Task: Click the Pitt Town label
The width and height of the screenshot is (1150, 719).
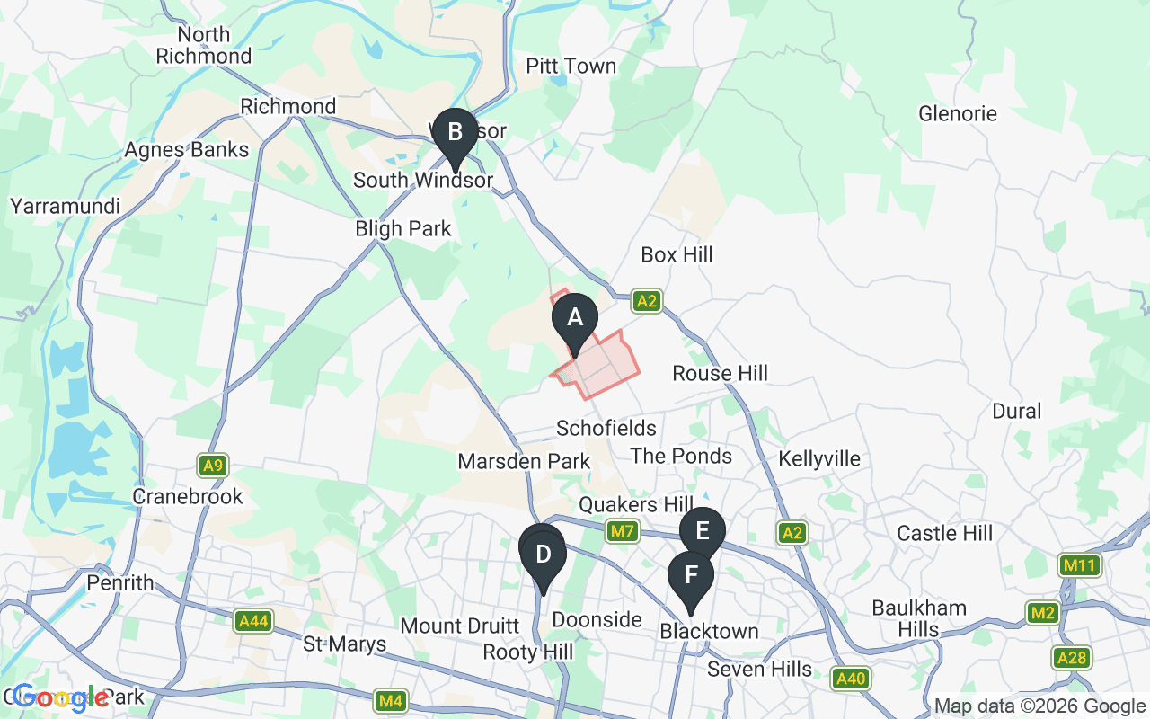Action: (x=571, y=67)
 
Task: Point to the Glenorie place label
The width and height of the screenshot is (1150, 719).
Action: (x=958, y=114)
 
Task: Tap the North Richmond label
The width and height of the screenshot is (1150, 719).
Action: (x=204, y=46)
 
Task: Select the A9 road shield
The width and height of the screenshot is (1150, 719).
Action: (x=213, y=466)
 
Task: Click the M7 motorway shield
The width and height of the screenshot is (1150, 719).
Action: (x=623, y=532)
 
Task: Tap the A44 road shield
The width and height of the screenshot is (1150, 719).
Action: (x=252, y=621)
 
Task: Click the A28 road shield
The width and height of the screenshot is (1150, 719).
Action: (x=1072, y=658)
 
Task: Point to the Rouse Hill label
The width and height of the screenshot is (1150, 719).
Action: (x=721, y=373)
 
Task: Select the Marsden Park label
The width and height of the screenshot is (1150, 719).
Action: (x=524, y=462)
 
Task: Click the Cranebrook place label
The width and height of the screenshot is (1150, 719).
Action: (x=188, y=497)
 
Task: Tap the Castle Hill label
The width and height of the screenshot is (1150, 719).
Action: (x=945, y=534)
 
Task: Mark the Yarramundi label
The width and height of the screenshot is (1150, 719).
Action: (x=65, y=207)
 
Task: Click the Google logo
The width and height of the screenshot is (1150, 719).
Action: (x=60, y=697)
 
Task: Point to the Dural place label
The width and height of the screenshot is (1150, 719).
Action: (x=1016, y=412)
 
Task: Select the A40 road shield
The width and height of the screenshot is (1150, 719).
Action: (x=850, y=678)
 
